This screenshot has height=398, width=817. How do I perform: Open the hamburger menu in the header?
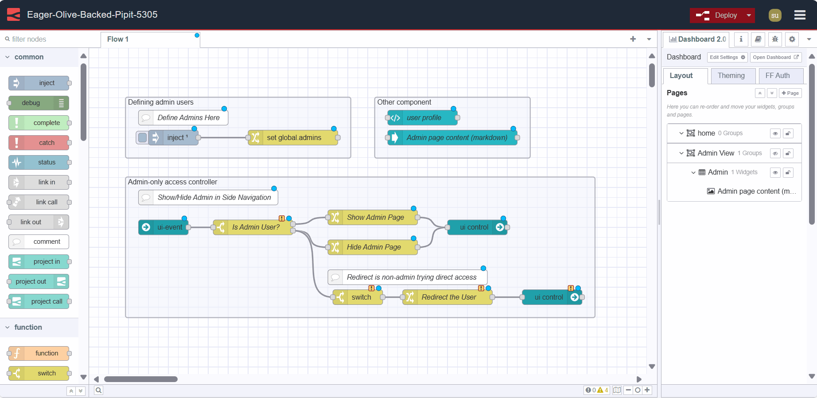click(800, 15)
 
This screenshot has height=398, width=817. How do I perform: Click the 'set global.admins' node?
click(294, 138)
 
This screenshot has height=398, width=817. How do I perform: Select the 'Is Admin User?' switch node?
click(256, 227)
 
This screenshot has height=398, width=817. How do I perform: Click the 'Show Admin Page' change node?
click(375, 217)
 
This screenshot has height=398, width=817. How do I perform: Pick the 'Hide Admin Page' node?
click(373, 247)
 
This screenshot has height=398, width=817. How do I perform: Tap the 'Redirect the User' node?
click(448, 297)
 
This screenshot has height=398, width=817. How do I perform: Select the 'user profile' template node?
click(423, 118)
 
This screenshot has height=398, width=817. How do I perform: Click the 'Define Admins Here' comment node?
click(188, 118)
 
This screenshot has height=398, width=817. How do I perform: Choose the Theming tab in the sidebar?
click(731, 76)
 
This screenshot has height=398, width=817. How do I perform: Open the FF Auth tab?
click(777, 76)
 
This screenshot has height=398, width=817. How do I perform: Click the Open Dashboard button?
click(775, 57)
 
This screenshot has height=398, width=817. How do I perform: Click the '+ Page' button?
click(790, 93)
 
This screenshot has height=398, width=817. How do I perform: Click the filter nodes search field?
click(49, 39)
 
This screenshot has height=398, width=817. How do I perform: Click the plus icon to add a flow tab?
click(633, 39)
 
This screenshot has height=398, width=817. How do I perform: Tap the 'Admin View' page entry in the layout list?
click(716, 153)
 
